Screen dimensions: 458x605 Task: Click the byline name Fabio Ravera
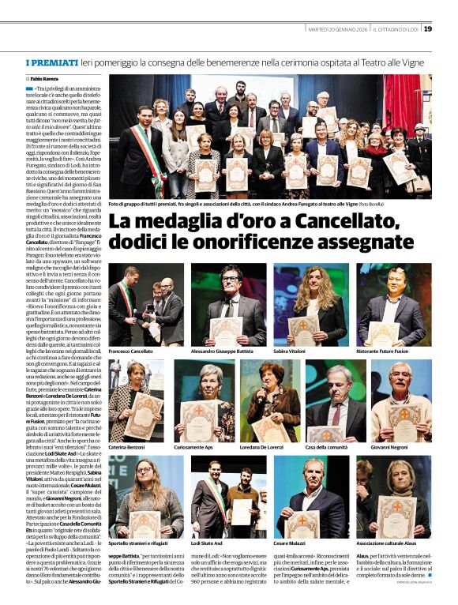point(47,80)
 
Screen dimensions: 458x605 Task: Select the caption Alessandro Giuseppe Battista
point(227,350)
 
